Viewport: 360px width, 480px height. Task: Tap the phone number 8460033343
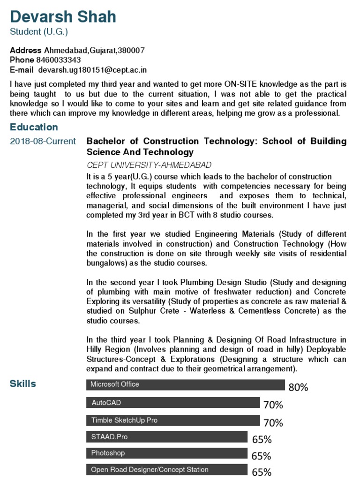click(58, 60)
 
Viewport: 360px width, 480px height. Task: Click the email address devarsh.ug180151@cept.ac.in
click(92, 70)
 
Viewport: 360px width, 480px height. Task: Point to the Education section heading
click(34, 127)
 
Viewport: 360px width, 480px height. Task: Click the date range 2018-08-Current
click(43, 142)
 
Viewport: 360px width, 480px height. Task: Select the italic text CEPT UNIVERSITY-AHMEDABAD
click(149, 165)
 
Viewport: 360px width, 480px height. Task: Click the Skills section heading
click(22, 384)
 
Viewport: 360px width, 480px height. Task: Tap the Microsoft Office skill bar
click(185, 384)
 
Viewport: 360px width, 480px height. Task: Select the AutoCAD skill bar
click(173, 403)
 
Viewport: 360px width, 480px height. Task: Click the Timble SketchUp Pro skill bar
click(173, 420)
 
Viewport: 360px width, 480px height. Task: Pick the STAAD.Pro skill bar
click(167, 437)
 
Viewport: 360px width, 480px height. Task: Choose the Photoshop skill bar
click(167, 453)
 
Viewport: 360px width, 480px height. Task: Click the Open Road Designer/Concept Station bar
click(167, 470)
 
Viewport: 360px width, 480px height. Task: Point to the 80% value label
click(298, 387)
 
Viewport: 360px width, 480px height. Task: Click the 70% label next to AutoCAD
click(273, 405)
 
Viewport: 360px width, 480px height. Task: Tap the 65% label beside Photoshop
click(262, 456)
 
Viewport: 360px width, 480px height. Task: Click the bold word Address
click(26, 50)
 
